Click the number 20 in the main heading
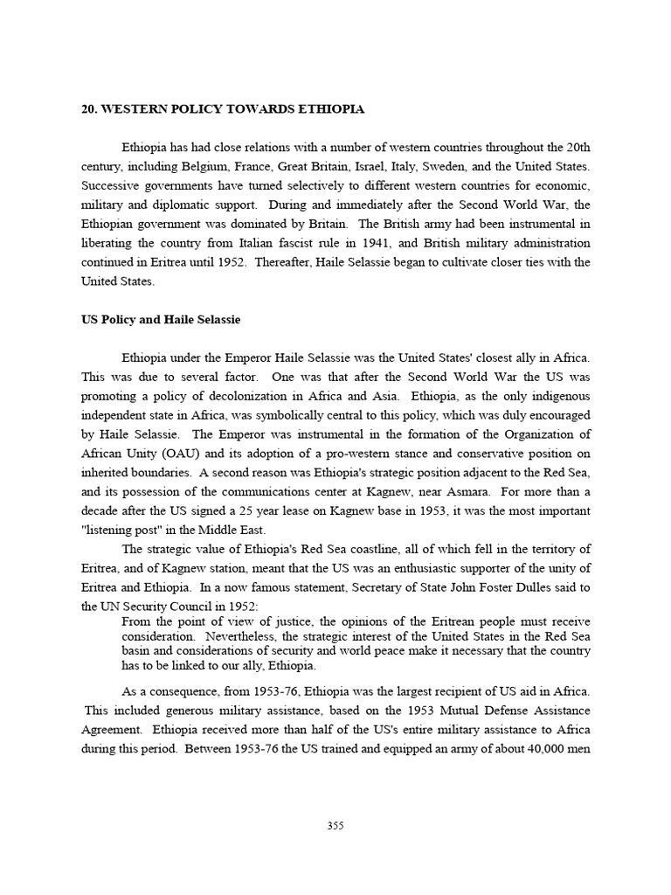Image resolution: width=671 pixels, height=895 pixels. pos(87,109)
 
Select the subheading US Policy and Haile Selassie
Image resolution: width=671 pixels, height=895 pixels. pos(161,320)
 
